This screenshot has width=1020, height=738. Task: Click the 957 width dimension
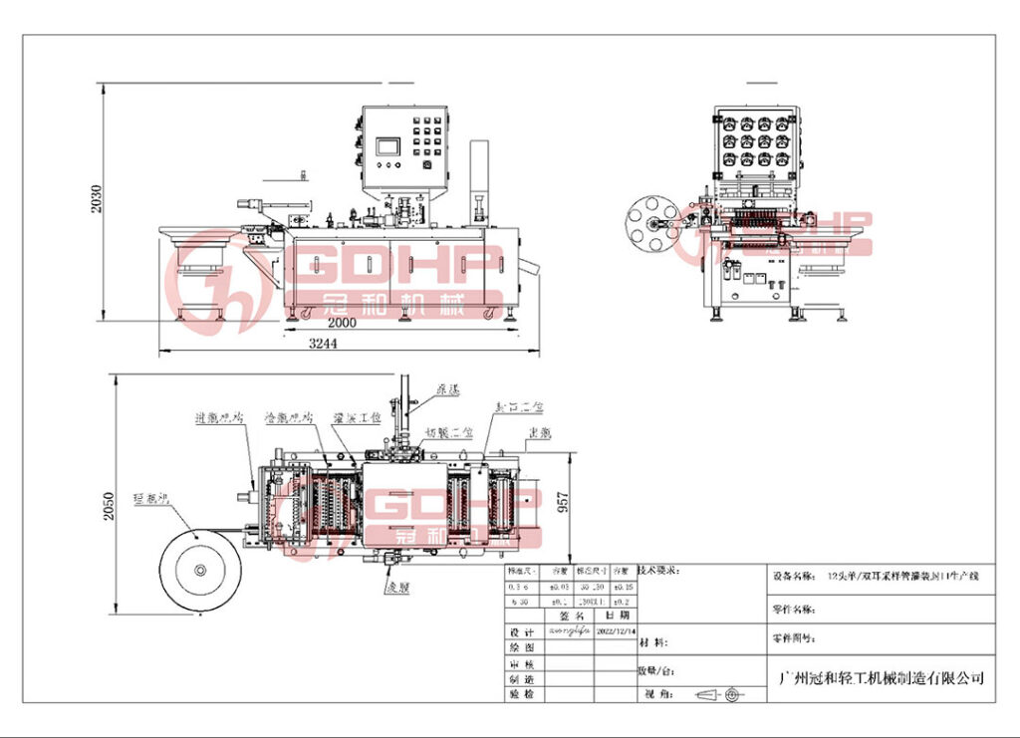coord(563,506)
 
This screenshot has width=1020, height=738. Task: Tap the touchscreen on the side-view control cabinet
coord(386,145)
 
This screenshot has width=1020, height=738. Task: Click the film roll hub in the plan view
coord(199,571)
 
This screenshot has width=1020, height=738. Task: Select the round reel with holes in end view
coord(651,224)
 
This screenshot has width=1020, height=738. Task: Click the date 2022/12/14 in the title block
coord(614,631)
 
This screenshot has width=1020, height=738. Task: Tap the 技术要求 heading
coord(658,571)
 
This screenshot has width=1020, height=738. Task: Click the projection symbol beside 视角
coord(718,693)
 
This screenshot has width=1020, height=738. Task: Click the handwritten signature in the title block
coord(567,632)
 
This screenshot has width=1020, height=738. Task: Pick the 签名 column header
coord(569,616)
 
